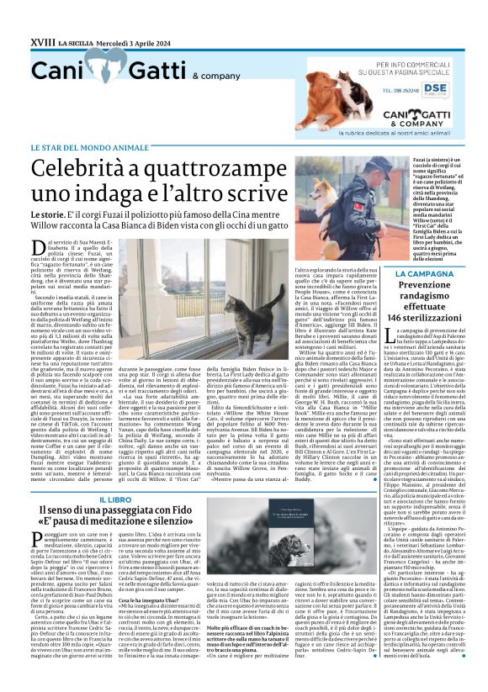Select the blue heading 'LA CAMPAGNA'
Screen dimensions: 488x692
(x=426, y=275)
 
